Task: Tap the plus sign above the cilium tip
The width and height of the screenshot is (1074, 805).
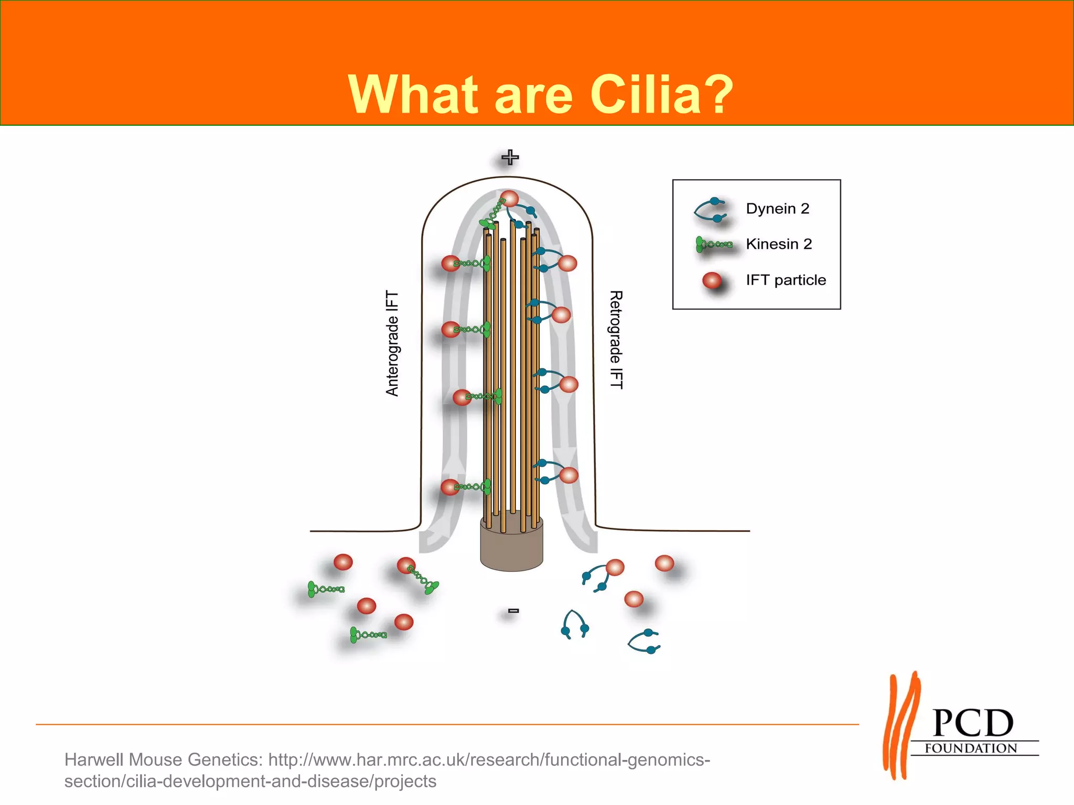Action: point(510,157)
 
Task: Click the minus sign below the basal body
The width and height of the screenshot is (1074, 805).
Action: point(513,611)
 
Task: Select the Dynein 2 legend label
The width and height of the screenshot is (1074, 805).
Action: point(777,209)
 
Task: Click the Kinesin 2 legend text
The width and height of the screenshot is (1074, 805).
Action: point(778,244)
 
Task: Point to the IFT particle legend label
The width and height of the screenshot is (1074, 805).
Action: point(786,280)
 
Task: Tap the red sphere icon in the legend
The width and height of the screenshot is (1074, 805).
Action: point(712,281)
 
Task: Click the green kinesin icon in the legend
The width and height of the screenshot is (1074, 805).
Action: point(714,244)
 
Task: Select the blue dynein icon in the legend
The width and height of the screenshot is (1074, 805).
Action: point(711,209)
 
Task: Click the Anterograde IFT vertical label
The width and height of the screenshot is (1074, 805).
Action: point(392,344)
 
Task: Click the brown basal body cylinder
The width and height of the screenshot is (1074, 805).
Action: point(511,548)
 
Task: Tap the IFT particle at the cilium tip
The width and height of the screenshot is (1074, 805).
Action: point(509,199)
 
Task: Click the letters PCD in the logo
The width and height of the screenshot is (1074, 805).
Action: point(973,724)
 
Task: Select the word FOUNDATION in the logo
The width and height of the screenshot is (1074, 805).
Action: point(971,748)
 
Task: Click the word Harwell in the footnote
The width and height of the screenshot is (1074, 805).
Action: point(94,759)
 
